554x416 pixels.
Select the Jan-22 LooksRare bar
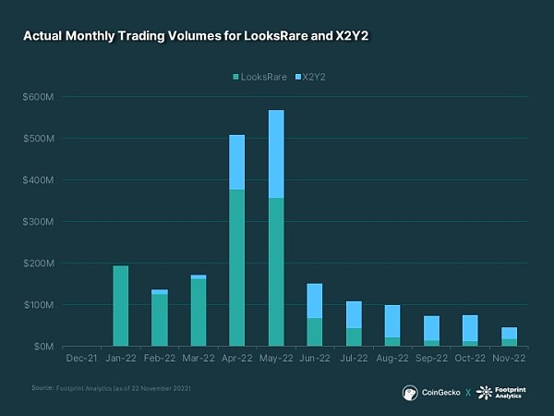click(120, 306)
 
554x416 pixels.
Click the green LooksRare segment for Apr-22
click(236, 268)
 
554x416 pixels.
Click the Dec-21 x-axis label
click(81, 359)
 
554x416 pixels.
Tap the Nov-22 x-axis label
click(508, 359)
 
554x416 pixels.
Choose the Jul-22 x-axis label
click(354, 359)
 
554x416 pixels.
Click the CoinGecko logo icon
click(410, 392)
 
